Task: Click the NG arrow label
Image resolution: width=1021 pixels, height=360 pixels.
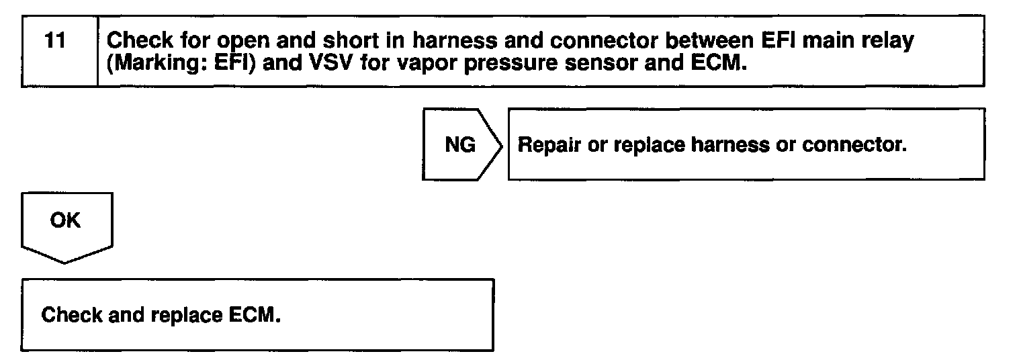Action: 459,144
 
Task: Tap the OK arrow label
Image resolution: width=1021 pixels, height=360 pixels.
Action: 65,220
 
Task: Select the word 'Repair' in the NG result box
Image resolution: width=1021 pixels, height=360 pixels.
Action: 549,144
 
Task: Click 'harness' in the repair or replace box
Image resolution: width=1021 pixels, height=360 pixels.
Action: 723,144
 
